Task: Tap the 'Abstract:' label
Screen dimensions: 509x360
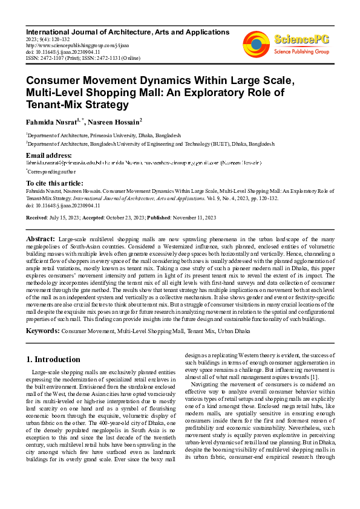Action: pyautogui.click(x=42, y=240)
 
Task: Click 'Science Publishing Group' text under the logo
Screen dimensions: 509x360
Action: pyautogui.click(x=301, y=52)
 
